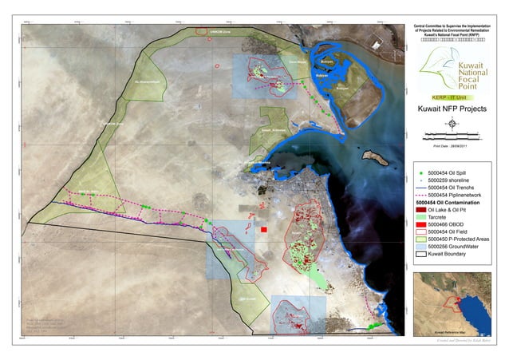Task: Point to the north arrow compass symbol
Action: [452, 124]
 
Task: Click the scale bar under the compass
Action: [452, 135]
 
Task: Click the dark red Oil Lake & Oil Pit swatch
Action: [421, 210]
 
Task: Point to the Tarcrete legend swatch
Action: [421, 217]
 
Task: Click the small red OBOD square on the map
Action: [263, 229]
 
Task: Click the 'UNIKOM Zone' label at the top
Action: [220, 32]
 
